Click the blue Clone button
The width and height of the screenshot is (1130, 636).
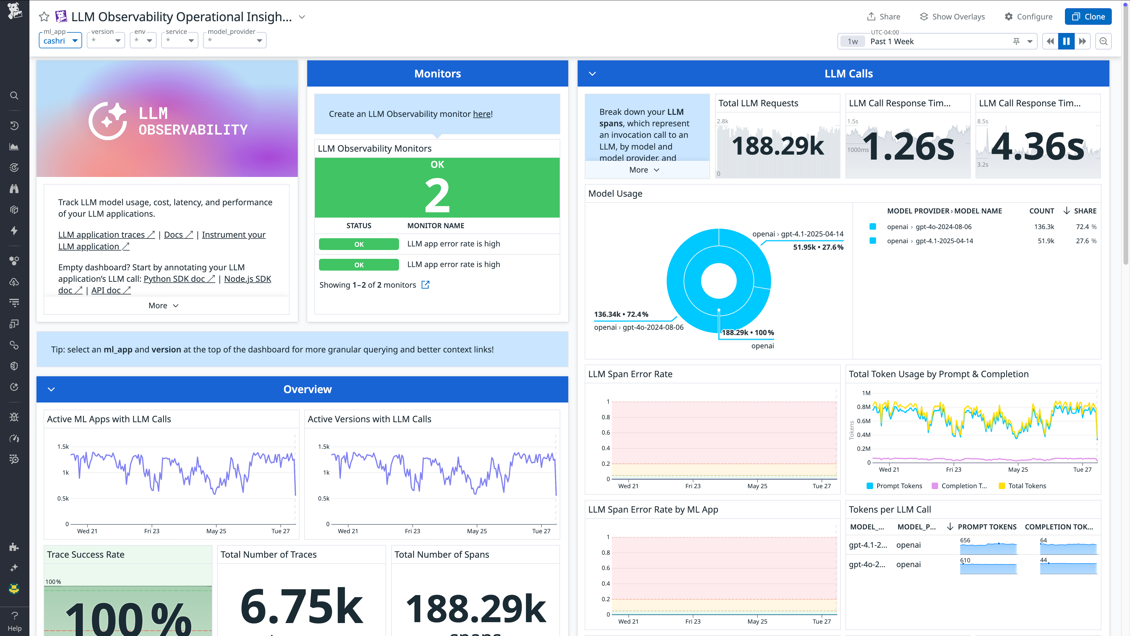coord(1088,17)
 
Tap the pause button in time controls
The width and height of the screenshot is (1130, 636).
coord(1066,41)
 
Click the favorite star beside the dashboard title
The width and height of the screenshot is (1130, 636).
coord(44,17)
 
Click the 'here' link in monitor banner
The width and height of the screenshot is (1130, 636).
coord(482,114)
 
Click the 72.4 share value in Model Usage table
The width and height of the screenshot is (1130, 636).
coord(1082,227)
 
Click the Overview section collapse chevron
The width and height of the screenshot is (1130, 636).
coord(51,389)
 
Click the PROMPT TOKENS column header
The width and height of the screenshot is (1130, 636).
coord(987,527)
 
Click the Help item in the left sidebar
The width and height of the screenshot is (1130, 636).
coord(14,621)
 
